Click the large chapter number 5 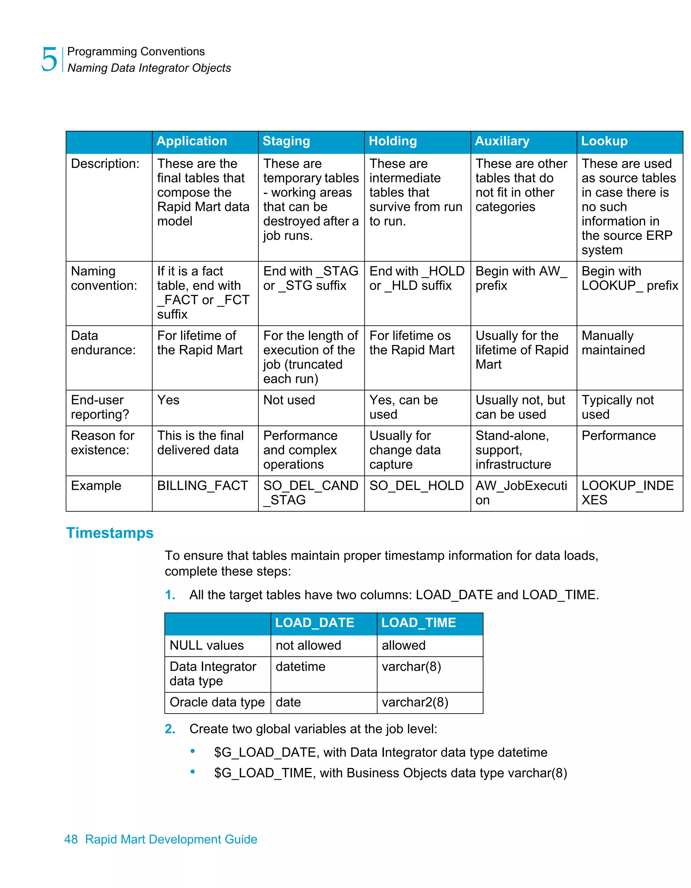pos(49,59)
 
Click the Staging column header pos(286,141)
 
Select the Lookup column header pos(604,141)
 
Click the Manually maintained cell pos(613,343)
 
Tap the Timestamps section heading pos(110,533)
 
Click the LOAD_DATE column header pos(314,623)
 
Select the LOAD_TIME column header pos(418,623)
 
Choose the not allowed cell pos(308,646)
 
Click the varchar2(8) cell pos(415,703)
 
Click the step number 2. pos(170,729)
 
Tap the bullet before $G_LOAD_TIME pos(193,772)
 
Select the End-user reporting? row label pos(100,407)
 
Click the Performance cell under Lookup pos(618,436)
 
